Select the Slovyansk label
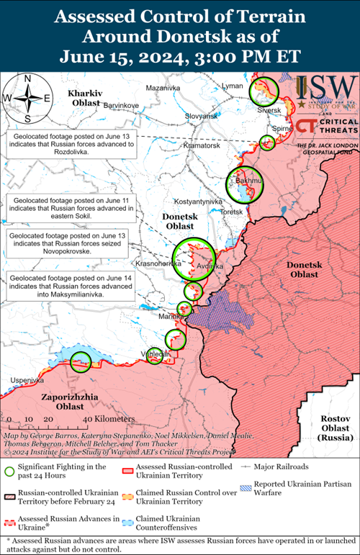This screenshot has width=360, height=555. [x=201, y=117]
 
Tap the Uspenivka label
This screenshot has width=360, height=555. [x=21, y=380]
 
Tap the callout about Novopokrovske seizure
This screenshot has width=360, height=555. [x=68, y=245]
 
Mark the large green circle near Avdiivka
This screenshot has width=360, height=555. [x=194, y=260]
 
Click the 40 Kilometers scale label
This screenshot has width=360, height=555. [x=108, y=419]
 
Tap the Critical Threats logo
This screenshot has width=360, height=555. [x=328, y=126]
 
